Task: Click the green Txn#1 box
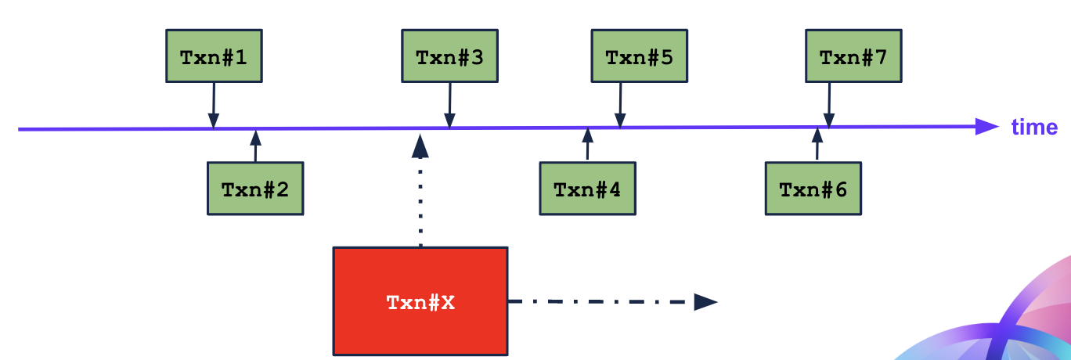coord(214,56)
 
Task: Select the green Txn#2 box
coord(254,189)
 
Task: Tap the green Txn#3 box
coord(449,56)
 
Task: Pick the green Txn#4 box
coord(587,189)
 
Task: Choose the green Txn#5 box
coord(640,56)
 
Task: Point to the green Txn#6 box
coord(813,189)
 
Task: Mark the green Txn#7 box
coord(853,56)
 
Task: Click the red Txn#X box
coord(420,301)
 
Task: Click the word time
coord(1034,128)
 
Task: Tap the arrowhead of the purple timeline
coord(987,127)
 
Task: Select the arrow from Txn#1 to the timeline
coord(213,105)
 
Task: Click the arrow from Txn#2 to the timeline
coord(254,146)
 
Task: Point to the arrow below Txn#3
coord(449,105)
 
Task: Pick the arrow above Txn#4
coord(587,145)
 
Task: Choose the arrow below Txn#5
coord(620,105)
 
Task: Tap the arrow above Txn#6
coord(817,145)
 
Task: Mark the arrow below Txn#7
coord(829,105)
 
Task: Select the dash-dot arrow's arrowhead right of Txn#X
coord(705,301)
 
